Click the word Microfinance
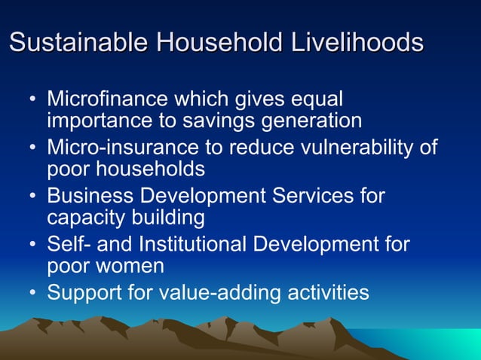[x=106, y=99]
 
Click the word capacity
[x=84, y=218]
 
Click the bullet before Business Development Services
[x=32, y=197]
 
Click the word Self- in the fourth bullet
[x=66, y=245]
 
